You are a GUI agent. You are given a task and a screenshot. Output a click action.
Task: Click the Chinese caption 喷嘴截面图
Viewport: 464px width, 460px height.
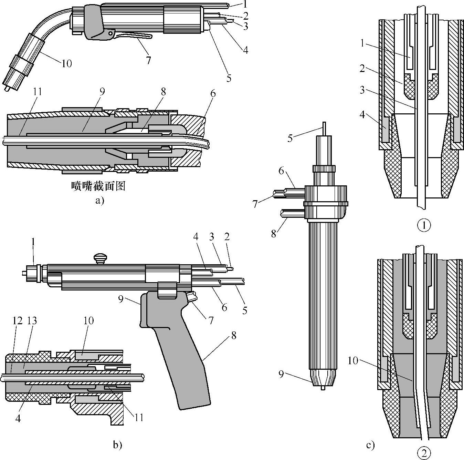pos(97,186)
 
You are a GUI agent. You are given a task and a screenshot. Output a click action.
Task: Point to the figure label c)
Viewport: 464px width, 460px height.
pos(370,446)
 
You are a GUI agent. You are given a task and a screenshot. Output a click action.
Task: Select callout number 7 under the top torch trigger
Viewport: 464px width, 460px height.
pos(148,60)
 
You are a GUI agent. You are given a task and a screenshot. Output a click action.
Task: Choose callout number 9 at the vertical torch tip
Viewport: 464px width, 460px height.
pos(281,374)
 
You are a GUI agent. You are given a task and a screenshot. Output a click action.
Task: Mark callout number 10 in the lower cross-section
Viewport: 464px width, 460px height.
pos(353,361)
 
